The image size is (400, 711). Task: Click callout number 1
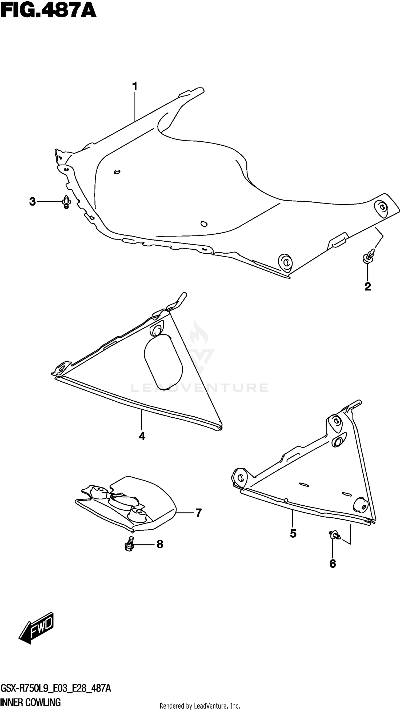click(x=135, y=87)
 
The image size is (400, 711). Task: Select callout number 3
click(x=33, y=202)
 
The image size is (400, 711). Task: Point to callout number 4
click(x=142, y=436)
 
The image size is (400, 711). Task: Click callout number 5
click(x=293, y=534)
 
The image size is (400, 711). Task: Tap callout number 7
click(x=199, y=513)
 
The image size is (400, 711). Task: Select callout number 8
click(x=160, y=544)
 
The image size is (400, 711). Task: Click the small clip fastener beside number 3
click(x=66, y=202)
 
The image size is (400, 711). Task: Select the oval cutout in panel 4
click(x=163, y=362)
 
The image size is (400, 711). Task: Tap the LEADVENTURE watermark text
click(x=199, y=388)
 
